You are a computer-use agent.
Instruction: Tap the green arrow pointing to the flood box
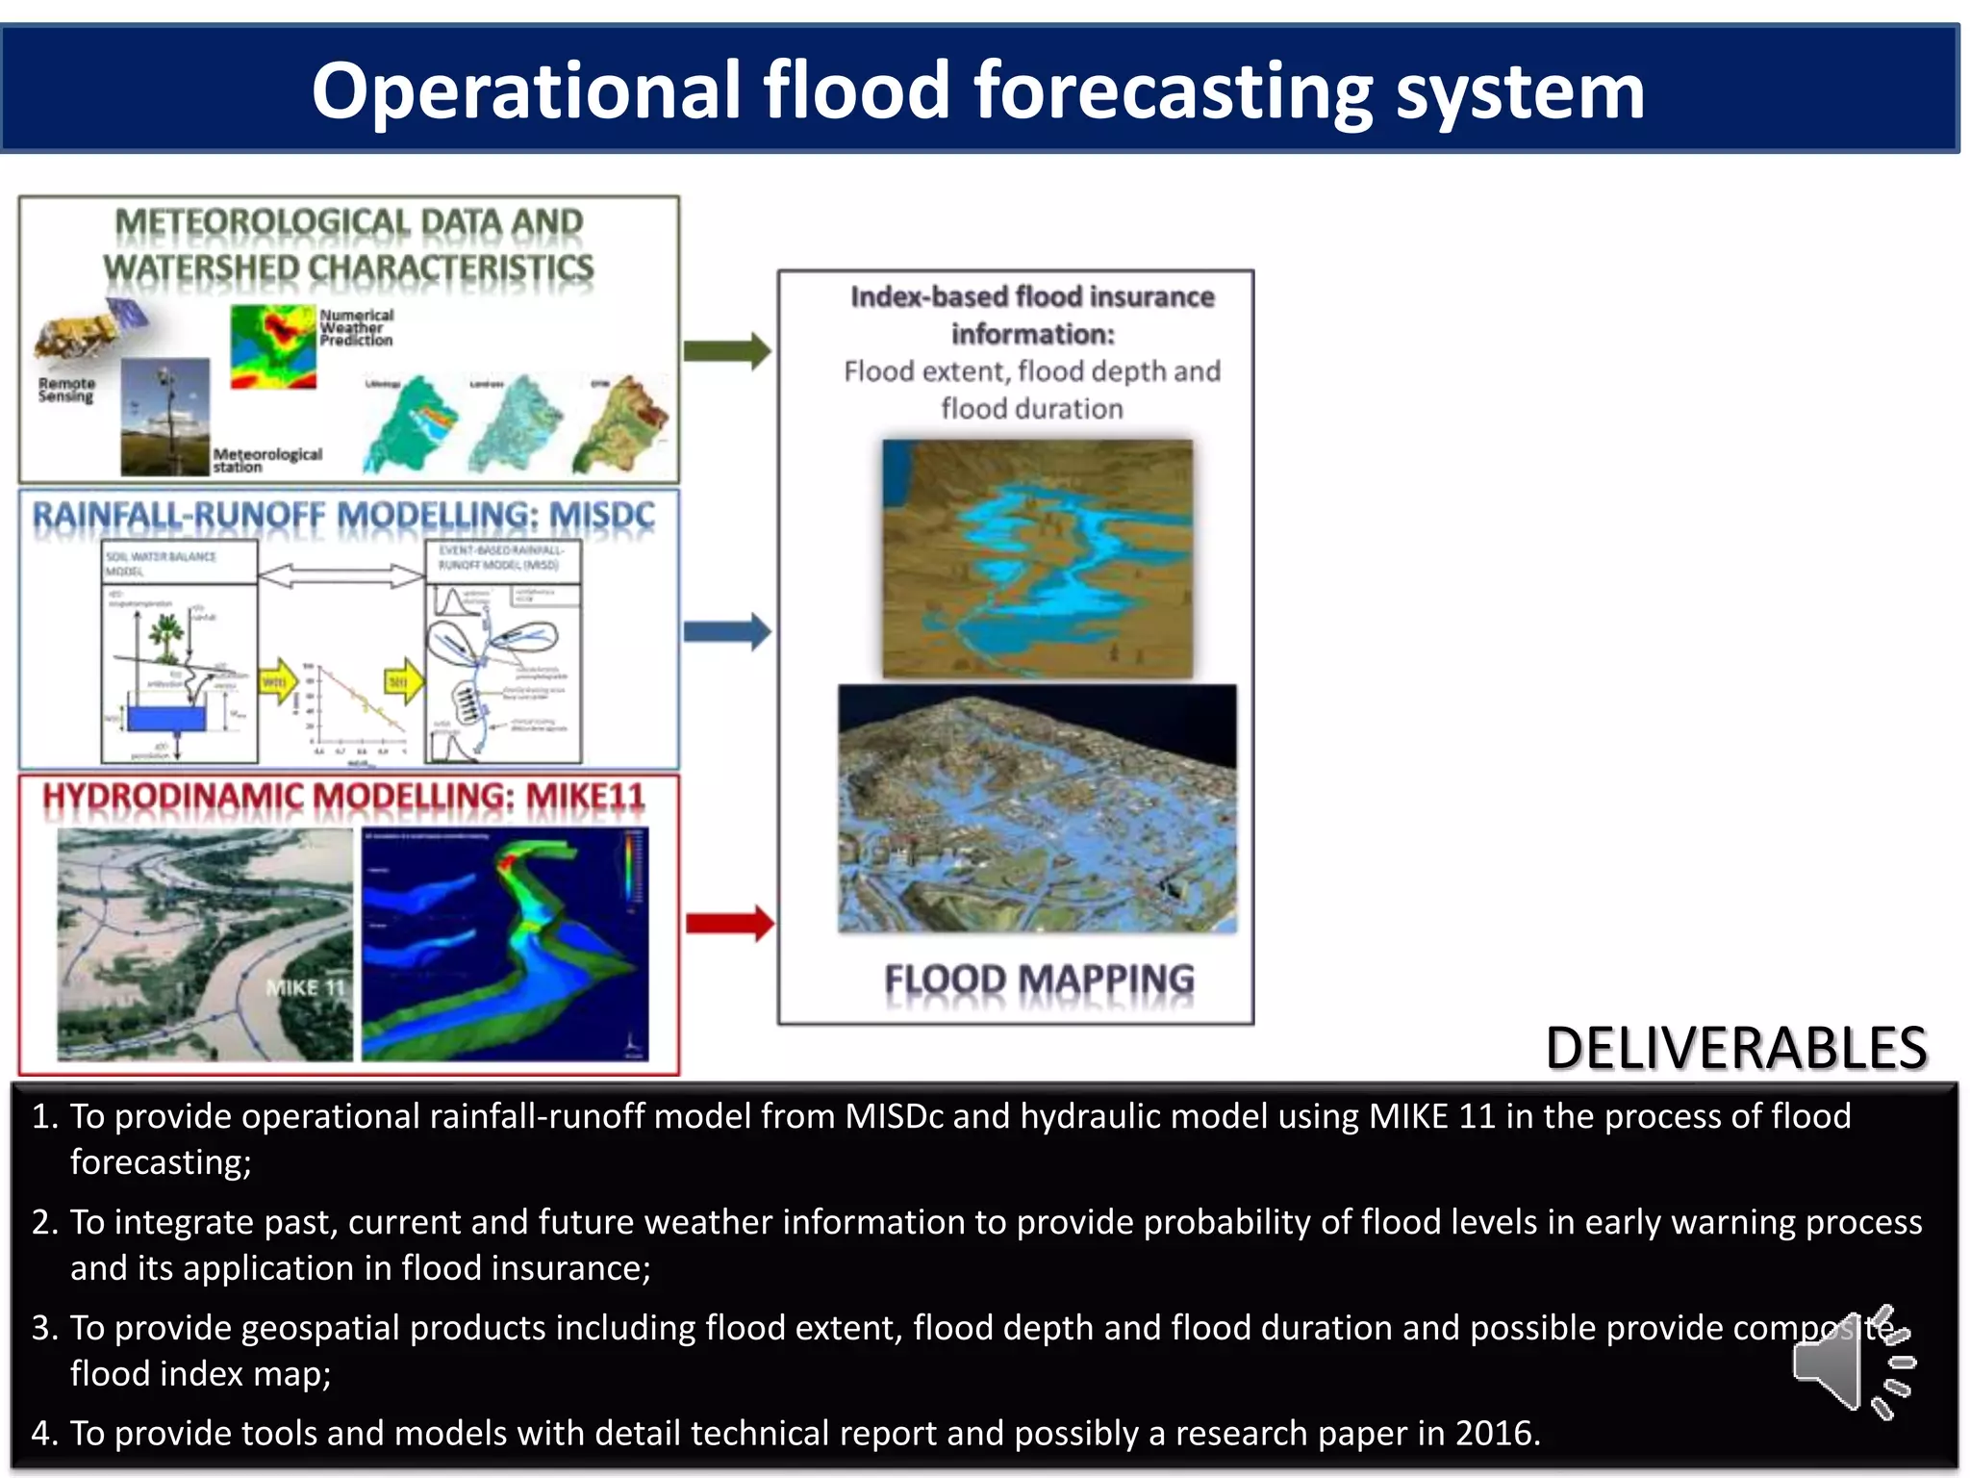(727, 350)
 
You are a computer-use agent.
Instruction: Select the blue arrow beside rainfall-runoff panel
(727, 632)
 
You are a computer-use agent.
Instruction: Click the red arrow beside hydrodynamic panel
(729, 923)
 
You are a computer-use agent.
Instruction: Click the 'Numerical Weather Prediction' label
(356, 327)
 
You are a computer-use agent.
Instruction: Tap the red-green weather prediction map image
(273, 347)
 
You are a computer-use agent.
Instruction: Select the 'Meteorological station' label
(266, 459)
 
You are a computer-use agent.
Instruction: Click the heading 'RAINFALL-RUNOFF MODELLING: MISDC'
(343, 516)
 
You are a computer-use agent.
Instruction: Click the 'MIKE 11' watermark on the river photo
(304, 987)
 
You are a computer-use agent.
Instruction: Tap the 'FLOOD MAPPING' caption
(1039, 980)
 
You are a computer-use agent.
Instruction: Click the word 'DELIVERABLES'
(1735, 1048)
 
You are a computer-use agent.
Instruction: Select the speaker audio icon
(1851, 1363)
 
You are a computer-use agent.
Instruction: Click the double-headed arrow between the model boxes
(341, 575)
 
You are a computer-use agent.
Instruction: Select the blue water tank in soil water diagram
(166, 719)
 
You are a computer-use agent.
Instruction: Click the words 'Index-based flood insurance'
(1031, 296)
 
